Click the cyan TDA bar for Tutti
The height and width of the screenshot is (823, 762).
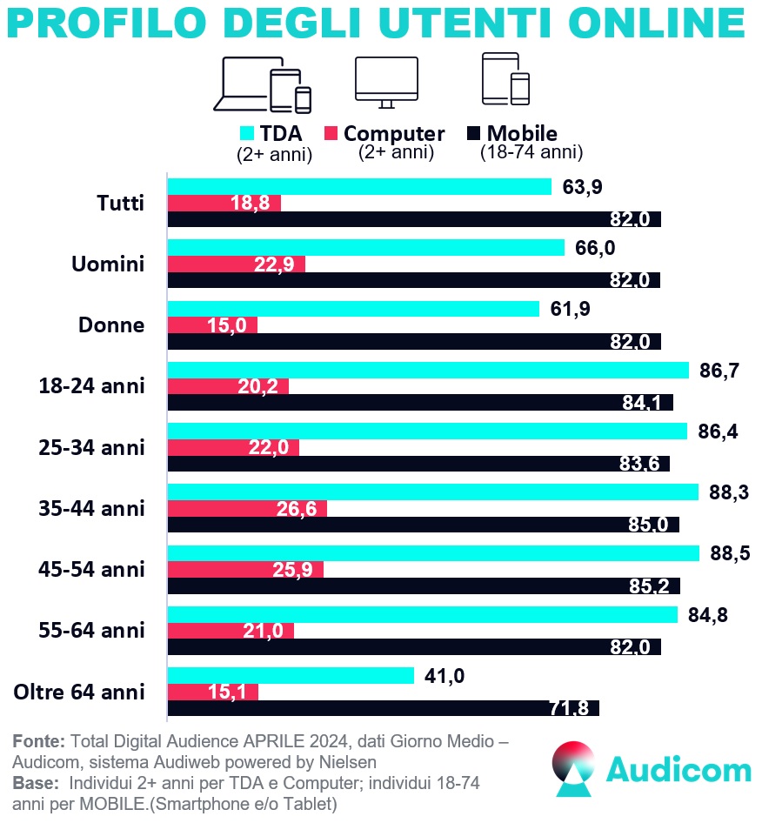tap(359, 187)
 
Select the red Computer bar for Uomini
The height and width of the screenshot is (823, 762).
tap(236, 264)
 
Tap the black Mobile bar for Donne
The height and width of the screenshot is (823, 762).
tap(414, 341)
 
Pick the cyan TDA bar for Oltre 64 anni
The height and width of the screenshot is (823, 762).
tap(291, 676)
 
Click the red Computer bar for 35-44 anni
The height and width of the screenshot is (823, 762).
tap(247, 508)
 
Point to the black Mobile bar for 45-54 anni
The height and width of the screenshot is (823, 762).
tap(424, 585)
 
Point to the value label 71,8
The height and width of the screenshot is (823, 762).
tap(570, 708)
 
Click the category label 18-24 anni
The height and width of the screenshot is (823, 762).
tap(91, 385)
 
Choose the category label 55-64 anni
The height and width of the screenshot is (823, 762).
tap(91, 630)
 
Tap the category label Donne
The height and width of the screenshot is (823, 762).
tap(111, 325)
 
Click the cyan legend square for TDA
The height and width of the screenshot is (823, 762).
tap(246, 134)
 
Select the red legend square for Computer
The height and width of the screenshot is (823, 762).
tap(331, 134)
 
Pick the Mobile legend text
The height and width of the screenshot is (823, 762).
tap(522, 134)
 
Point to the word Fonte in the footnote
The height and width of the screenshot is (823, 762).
tap(38, 741)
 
